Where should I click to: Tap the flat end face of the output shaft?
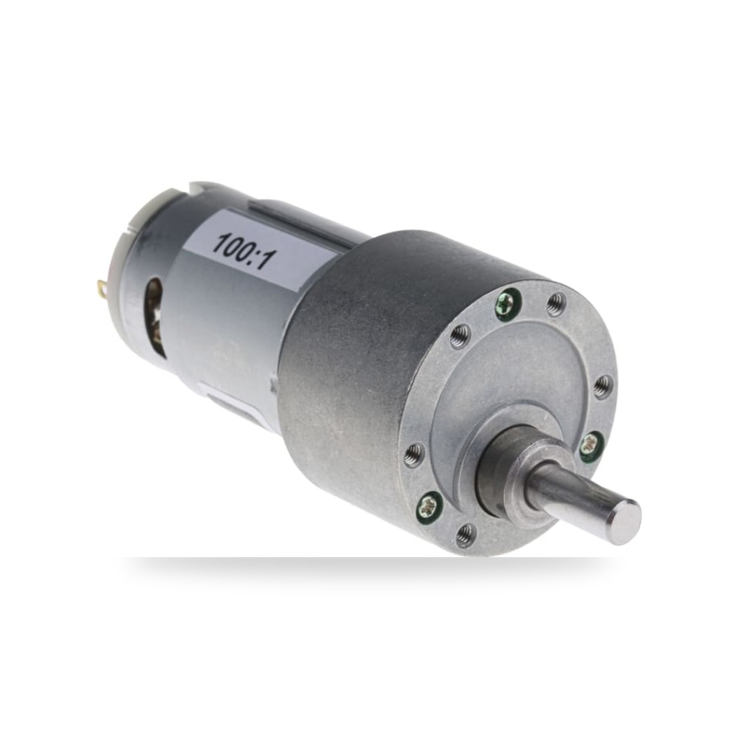[624, 522]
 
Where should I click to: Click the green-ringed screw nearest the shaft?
[590, 445]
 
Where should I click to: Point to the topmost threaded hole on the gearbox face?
[556, 302]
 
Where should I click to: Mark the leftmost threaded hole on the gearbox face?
[415, 453]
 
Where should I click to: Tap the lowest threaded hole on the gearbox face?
[466, 534]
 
